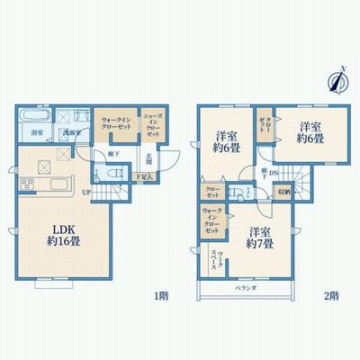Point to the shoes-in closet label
tap(153, 123)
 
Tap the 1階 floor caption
tap(160, 294)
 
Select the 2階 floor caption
tap(333, 294)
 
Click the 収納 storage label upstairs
tap(283, 191)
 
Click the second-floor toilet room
tap(243, 191)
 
